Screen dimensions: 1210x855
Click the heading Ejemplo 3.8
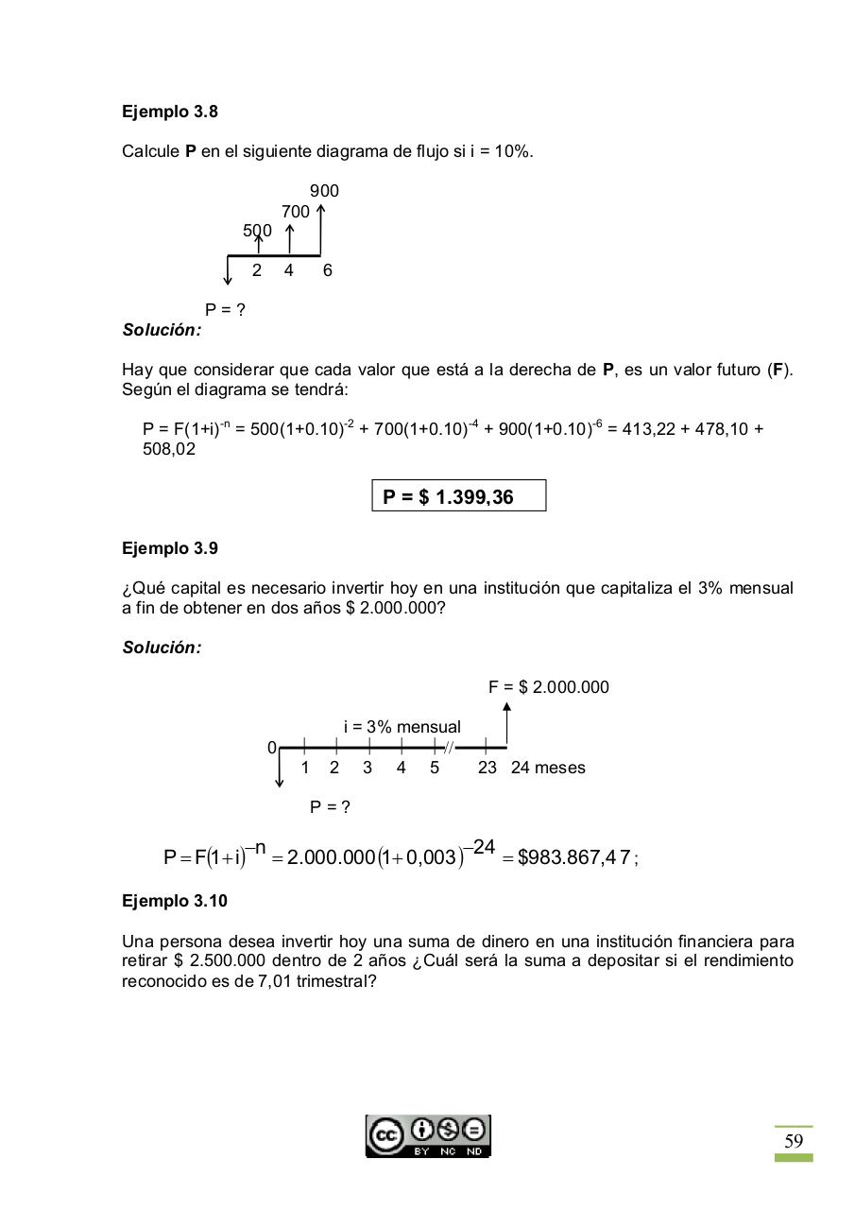click(170, 112)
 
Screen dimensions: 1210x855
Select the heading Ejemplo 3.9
click(170, 548)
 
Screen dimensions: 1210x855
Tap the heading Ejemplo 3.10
click(175, 901)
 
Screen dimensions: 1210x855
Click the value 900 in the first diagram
click(324, 191)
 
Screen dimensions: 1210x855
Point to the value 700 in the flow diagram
click(295, 212)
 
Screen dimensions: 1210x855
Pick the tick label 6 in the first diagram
click(327, 270)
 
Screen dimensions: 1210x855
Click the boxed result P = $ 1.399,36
click(459, 496)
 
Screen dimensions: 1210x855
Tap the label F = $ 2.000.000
click(548, 687)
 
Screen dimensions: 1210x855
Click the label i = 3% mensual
click(402, 727)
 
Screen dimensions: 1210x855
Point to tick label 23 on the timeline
click(487, 768)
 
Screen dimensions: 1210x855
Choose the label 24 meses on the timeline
click(548, 768)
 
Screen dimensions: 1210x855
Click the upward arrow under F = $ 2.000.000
click(507, 724)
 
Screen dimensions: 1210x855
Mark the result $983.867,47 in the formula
click(573, 858)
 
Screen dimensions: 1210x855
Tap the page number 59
click(794, 1141)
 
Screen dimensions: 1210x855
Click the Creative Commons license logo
click(428, 1135)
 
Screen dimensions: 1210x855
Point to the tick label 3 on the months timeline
click(368, 768)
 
